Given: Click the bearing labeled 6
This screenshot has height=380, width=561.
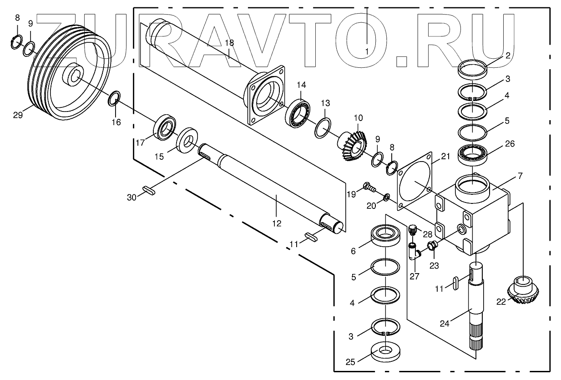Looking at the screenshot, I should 385,237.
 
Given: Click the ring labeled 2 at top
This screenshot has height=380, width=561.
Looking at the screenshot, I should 474,70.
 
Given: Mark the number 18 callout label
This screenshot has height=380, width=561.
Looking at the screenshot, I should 229,42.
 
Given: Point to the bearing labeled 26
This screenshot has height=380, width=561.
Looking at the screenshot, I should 473,153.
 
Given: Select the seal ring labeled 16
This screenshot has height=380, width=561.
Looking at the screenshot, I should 115,97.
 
